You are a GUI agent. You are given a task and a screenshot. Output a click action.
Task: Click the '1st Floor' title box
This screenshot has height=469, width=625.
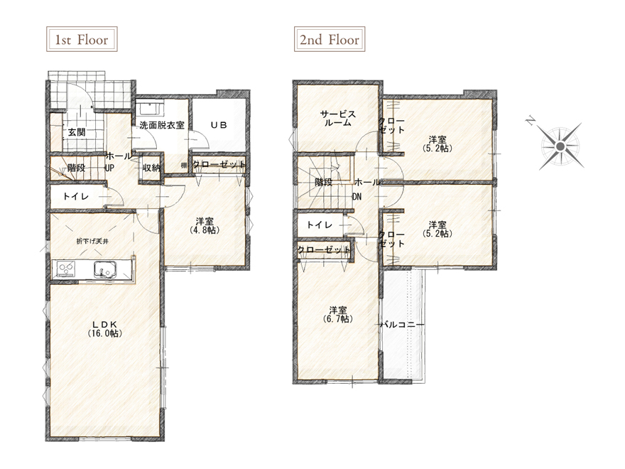pos(82,39)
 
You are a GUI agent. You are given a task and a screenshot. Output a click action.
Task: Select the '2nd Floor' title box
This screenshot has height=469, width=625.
pos(330,39)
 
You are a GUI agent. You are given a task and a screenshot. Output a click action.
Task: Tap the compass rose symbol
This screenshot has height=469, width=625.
pos(560,147)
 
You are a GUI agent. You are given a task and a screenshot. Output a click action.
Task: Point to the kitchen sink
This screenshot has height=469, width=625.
pos(105,269)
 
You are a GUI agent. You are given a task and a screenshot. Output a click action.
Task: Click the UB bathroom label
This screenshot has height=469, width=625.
pos(219,125)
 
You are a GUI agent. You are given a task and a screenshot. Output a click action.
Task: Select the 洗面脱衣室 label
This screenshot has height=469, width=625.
pos(162,125)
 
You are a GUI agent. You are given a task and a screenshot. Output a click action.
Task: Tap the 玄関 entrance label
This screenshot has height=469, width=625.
pos(76,132)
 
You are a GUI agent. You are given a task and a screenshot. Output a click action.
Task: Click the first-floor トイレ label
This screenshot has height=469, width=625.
pos(76,196)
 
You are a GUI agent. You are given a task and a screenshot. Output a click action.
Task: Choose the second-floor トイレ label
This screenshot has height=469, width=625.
pos(320,225)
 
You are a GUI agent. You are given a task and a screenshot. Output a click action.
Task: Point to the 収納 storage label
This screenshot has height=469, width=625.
pos(151,168)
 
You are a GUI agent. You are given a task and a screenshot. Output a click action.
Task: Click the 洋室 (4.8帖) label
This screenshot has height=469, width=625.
pos(204,225)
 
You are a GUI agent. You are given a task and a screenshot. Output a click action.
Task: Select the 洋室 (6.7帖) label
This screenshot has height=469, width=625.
pos(337,315)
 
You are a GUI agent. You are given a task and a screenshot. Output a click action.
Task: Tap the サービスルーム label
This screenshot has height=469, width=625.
pos(337,119)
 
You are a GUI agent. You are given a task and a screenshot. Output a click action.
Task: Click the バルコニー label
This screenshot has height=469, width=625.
pos(402,325)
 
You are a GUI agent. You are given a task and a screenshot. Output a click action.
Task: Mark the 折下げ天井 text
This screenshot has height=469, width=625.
pos(92,241)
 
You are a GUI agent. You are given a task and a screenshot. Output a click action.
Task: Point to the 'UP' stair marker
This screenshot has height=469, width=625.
pos(109,168)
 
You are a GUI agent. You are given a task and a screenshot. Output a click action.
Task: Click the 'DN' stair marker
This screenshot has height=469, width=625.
pos(357,197)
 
